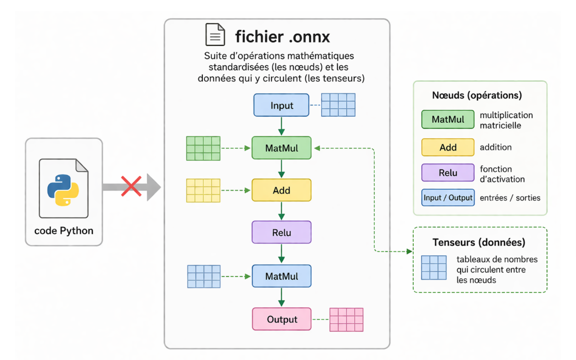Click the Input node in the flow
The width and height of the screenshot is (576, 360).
[281, 106]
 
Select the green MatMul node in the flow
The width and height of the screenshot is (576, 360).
[281, 148]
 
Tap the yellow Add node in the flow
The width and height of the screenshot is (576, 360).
[281, 190]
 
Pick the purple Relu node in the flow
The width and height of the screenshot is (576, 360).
[281, 233]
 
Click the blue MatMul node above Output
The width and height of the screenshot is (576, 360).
[281, 276]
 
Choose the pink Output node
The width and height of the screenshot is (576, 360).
[281, 319]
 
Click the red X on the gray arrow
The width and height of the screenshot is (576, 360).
[131, 186]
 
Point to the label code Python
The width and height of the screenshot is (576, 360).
[63, 230]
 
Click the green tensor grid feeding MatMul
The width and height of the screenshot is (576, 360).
[203, 148]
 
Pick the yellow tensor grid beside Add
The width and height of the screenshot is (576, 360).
[203, 190]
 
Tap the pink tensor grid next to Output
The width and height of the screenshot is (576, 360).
[347, 319]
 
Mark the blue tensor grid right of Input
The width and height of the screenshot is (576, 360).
[338, 105]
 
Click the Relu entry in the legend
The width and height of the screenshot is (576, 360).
[448, 173]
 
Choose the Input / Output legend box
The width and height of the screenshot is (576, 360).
[448, 198]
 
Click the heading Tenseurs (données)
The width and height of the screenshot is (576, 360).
[479, 242]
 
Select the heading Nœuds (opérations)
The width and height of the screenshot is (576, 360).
[477, 96]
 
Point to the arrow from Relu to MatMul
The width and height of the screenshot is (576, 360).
[281, 254]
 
